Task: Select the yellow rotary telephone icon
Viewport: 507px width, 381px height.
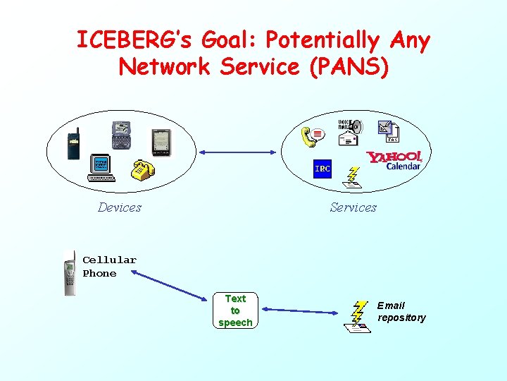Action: click(143, 170)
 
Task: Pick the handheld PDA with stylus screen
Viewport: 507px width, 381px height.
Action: click(161, 142)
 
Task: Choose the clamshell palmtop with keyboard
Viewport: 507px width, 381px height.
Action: click(120, 134)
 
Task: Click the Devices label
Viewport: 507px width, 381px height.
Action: click(119, 207)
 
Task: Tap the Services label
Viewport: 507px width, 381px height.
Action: click(353, 207)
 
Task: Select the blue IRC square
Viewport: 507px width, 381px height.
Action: click(322, 169)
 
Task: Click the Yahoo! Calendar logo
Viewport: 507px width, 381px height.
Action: click(395, 160)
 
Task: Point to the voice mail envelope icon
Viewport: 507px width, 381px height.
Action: click(349, 132)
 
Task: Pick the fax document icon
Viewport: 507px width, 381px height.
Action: click(388, 130)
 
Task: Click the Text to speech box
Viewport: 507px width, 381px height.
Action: click(235, 310)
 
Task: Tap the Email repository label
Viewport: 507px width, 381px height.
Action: click(401, 311)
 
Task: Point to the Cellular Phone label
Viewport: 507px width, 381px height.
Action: click(109, 267)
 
